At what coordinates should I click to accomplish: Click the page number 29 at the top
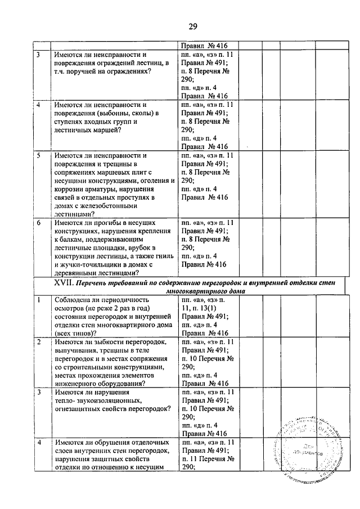click(x=192, y=26)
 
